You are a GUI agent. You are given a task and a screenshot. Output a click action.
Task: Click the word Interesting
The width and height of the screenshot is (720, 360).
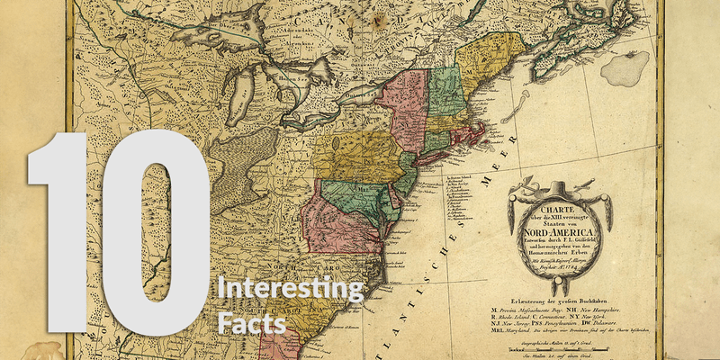point(291,290)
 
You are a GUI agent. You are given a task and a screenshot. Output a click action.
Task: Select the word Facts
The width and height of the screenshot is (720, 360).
point(251,321)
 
